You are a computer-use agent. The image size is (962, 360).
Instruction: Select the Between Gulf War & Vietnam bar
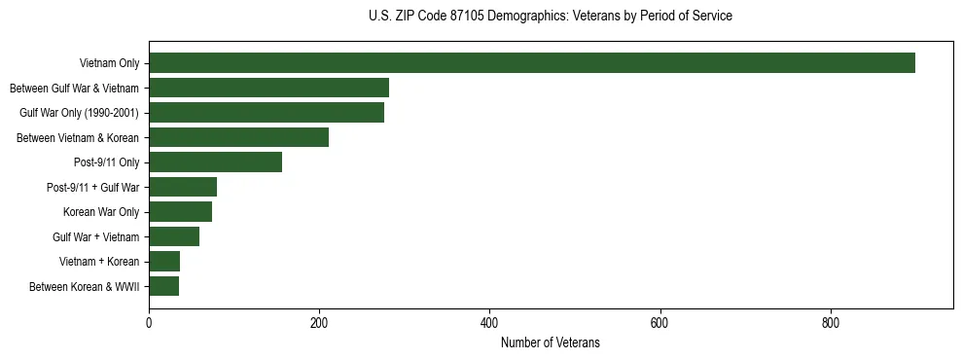[268, 88]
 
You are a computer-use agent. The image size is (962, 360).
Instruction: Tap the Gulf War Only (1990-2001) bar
[267, 113]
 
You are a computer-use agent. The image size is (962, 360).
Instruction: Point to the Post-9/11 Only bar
[215, 162]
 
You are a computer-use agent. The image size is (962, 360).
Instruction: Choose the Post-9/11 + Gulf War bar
[183, 187]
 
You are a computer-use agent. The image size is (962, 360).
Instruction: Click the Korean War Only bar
[180, 211]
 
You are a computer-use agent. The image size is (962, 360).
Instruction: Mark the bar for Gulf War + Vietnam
[174, 236]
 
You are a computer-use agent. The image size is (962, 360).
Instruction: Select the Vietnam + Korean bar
[164, 261]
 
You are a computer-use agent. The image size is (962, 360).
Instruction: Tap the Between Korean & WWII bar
[163, 286]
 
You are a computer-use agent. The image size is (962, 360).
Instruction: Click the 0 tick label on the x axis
[149, 323]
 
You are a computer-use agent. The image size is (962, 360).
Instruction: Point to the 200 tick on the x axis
[319, 323]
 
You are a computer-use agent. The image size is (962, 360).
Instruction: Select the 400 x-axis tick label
[489, 323]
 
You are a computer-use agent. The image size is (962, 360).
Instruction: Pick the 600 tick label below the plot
[659, 323]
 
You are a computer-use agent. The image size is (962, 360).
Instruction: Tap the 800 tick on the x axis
[831, 323]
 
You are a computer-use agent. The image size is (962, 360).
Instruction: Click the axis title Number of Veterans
[550, 343]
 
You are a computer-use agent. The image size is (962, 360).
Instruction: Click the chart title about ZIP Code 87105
[550, 17]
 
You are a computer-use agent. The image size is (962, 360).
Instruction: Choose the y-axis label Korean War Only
[101, 212]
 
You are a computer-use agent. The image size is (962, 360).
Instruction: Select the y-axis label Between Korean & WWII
[84, 287]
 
